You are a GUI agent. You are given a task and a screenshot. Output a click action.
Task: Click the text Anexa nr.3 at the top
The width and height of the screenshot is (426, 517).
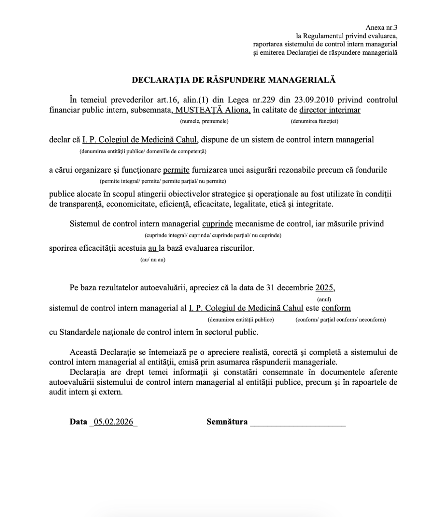[x=381, y=27]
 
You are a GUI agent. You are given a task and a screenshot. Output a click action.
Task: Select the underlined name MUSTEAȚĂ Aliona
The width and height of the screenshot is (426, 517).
[x=213, y=110]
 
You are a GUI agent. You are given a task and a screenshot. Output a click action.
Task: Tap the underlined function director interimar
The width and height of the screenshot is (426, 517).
[x=330, y=110]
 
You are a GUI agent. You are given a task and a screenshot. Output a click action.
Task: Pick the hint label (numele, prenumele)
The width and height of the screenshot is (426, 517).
[x=204, y=121]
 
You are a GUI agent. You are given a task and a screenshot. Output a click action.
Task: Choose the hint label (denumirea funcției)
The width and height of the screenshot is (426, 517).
[x=314, y=121]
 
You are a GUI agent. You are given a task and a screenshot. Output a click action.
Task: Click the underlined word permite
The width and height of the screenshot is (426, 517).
[x=176, y=169]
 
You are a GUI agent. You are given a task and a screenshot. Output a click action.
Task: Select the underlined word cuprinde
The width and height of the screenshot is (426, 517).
[x=217, y=224]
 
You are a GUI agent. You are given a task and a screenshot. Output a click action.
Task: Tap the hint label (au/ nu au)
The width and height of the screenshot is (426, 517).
[x=153, y=259]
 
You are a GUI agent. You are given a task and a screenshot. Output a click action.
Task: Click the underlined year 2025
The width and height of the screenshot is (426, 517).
[x=324, y=288]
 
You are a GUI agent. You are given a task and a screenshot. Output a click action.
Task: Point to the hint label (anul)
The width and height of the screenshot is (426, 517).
[x=324, y=299]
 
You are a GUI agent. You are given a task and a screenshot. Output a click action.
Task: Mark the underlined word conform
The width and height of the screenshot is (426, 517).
[x=336, y=308]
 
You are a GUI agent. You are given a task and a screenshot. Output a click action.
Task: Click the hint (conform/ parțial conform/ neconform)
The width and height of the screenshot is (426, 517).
[x=340, y=320]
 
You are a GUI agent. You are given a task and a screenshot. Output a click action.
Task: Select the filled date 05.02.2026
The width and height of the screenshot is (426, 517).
[x=113, y=422]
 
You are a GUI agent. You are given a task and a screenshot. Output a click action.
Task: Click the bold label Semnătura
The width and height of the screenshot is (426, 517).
[x=227, y=422]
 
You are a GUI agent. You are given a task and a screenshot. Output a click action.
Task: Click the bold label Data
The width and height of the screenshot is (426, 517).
[x=78, y=422]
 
